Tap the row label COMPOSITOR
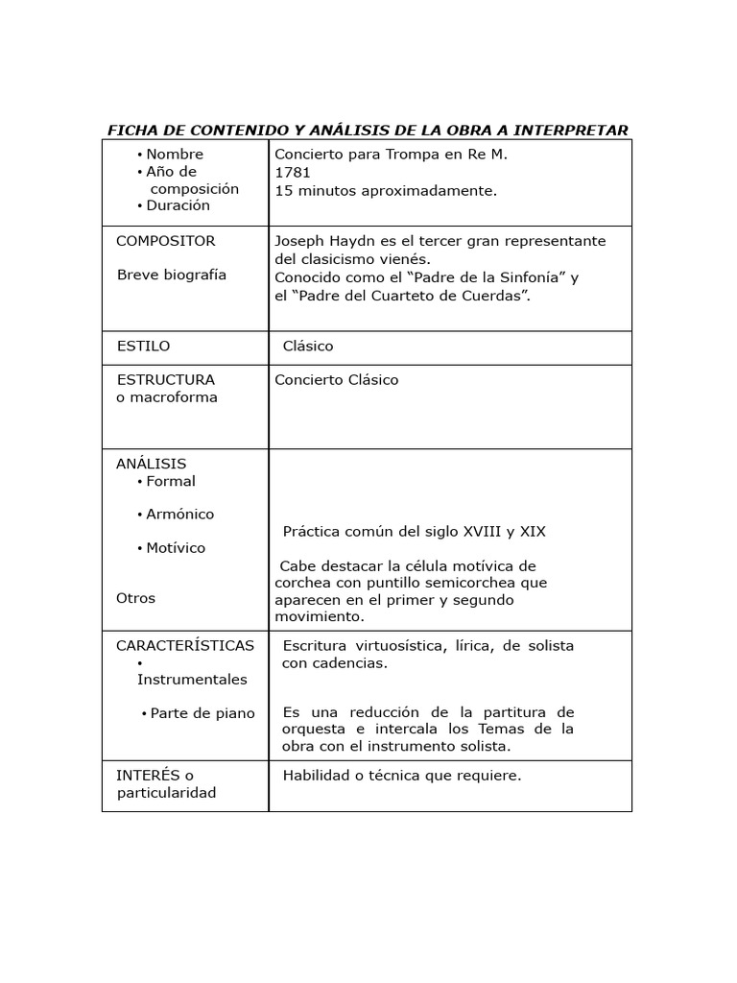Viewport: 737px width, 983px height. [x=165, y=241]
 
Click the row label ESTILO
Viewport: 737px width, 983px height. [x=143, y=346]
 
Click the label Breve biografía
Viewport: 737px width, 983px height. [x=172, y=275]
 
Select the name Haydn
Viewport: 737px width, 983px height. [x=357, y=241]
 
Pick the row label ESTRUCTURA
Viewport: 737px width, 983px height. [x=165, y=379]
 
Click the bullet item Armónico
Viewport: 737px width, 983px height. [x=179, y=515]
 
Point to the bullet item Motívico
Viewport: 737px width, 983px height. [x=176, y=548]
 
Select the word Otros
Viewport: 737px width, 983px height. [x=135, y=598]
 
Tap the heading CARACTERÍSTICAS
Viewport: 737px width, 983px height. [x=185, y=645]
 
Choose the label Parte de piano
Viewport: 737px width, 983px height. [x=202, y=713]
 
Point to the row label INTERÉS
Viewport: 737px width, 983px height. [x=148, y=776]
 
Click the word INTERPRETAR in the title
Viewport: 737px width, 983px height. [x=570, y=130]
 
